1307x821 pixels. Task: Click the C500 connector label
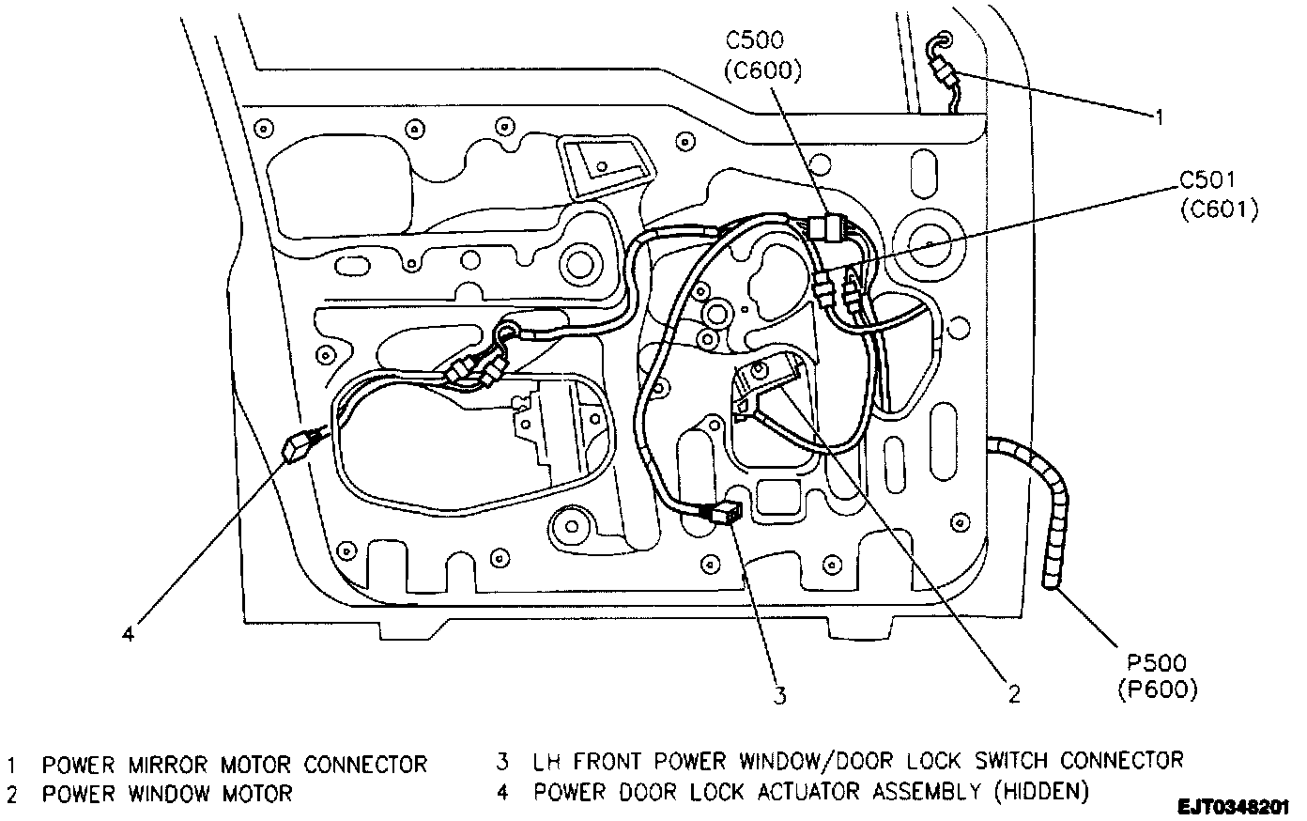click(756, 41)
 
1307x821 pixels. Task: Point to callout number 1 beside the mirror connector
click(1159, 117)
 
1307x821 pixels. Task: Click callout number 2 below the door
click(1013, 694)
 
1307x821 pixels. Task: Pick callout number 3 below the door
click(778, 695)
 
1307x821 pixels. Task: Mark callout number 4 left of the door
click(129, 632)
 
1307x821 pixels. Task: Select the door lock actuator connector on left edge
click(299, 446)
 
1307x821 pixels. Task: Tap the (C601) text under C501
click(1219, 209)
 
